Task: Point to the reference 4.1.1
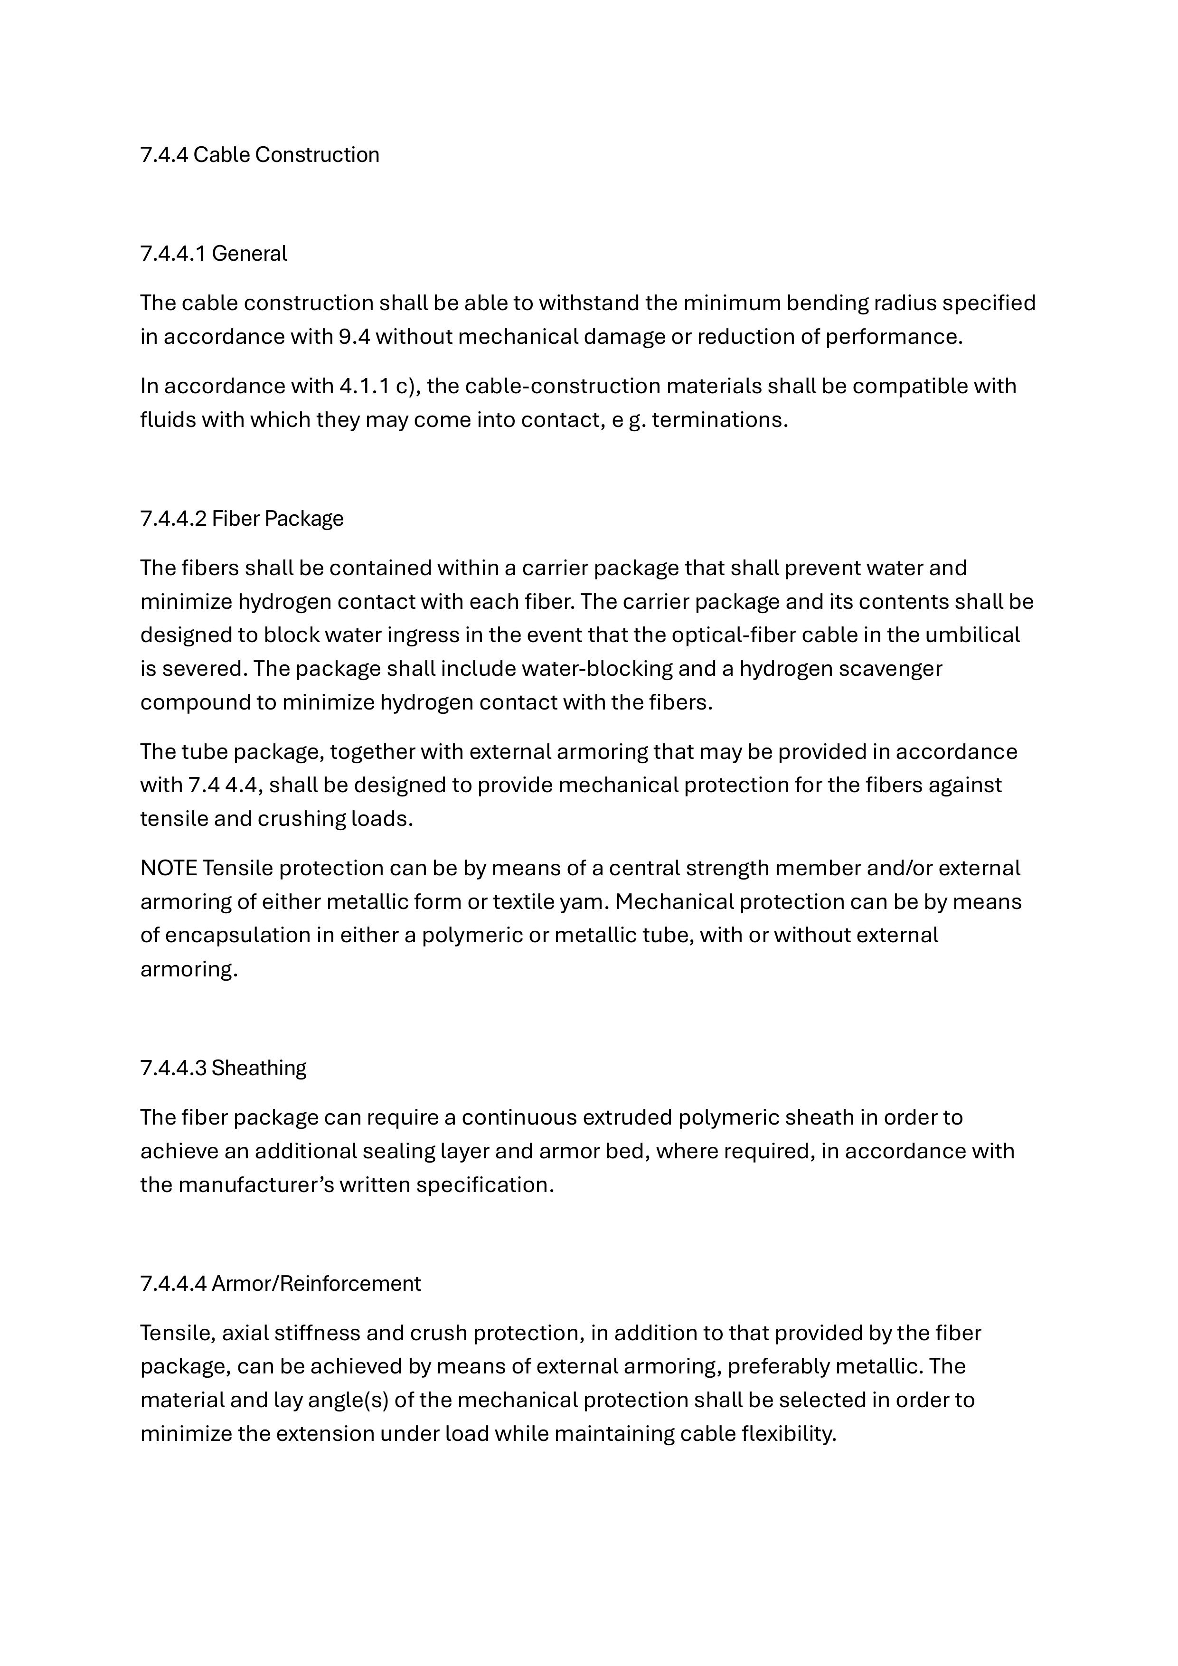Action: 363,386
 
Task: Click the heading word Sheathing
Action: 259,1068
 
